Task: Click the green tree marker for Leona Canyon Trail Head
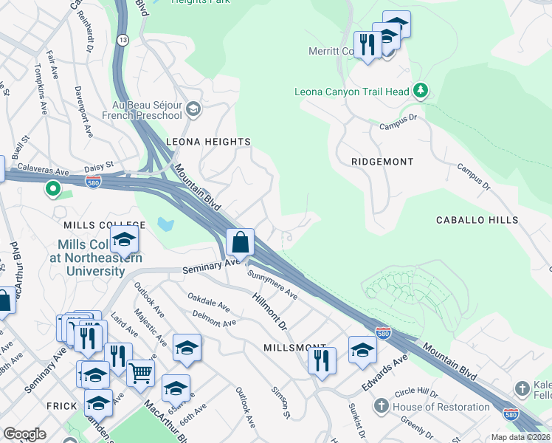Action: [x=421, y=91]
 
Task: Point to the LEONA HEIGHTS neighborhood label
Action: [x=209, y=141]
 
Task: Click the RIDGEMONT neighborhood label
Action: [x=382, y=161]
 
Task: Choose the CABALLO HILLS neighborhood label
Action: [x=477, y=220]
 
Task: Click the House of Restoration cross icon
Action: [x=381, y=405]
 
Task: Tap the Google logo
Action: [x=24, y=434]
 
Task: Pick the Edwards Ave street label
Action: [x=384, y=373]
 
